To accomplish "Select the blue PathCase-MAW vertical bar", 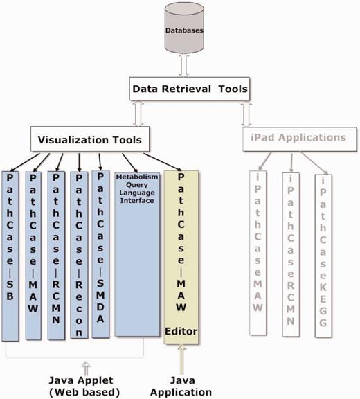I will (x=34, y=253).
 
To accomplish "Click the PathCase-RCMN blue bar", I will (x=57, y=253).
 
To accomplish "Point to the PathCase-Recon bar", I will (x=80, y=253).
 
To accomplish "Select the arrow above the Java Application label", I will (x=182, y=359).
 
